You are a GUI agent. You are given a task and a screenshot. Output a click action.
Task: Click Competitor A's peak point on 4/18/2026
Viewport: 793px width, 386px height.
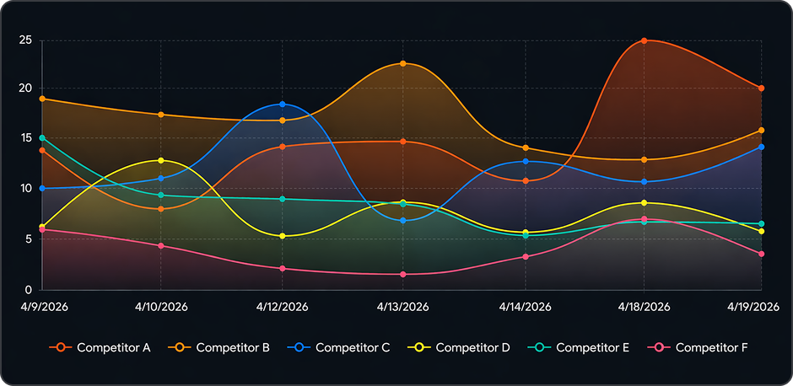[x=645, y=40]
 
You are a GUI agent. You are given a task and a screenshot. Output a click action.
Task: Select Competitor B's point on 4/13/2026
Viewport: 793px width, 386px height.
[x=403, y=64]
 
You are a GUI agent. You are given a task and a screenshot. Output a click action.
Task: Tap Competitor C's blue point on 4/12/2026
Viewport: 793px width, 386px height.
[x=283, y=105]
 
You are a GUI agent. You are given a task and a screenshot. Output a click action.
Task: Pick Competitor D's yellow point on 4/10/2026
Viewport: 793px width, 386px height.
[x=161, y=160]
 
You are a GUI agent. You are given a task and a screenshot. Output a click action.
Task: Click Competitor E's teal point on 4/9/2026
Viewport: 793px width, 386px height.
[x=42, y=138]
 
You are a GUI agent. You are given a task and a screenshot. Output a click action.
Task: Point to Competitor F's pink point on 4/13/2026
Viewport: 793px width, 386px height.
[x=403, y=274]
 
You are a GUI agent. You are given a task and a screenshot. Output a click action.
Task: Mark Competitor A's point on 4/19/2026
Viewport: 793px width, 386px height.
[x=762, y=88]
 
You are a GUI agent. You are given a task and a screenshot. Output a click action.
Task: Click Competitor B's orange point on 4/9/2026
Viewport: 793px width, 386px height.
[x=42, y=99]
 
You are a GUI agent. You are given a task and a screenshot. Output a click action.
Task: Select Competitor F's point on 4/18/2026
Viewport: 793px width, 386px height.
[x=645, y=219]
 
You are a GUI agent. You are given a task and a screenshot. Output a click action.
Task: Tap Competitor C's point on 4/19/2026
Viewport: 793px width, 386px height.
[x=762, y=147]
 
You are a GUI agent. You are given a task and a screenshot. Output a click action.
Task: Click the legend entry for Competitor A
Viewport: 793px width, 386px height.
[x=100, y=347]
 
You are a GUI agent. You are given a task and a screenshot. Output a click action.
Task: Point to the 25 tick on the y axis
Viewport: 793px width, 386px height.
[x=26, y=40]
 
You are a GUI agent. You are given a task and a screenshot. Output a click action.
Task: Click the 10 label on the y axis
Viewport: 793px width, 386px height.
[x=26, y=189]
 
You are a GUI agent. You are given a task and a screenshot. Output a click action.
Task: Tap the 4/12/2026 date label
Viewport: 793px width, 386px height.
[x=283, y=307]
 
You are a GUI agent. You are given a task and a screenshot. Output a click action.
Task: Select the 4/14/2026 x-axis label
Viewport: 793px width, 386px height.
[x=524, y=307]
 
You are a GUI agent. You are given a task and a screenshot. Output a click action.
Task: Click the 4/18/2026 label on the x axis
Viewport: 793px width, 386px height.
[x=645, y=307]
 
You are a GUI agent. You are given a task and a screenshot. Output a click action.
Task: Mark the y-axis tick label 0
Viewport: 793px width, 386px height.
[x=29, y=290]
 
